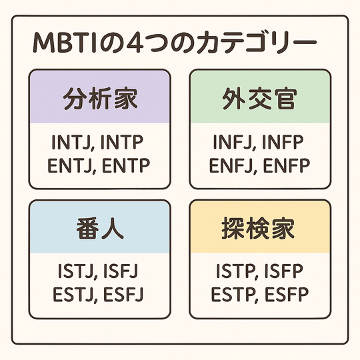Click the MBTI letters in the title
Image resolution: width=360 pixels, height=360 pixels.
(65, 43)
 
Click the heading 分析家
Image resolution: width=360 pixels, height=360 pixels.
(100, 99)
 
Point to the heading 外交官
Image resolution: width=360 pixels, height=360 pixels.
(260, 99)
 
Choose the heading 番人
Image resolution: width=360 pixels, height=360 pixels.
(100, 229)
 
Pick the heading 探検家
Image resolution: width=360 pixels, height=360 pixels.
(258, 229)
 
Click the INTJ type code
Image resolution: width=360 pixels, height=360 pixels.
(72, 143)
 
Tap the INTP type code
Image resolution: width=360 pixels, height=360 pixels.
(122, 143)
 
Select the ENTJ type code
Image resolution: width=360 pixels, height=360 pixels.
(70, 165)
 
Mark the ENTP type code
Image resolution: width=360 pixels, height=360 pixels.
(126, 165)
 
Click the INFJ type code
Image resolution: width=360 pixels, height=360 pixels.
(233, 143)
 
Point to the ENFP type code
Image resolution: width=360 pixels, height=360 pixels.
(287, 165)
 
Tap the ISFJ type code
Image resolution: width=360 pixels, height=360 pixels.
(121, 271)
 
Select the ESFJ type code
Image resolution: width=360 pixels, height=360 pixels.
(123, 294)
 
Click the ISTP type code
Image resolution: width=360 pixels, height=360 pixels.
(235, 271)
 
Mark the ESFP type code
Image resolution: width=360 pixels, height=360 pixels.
(287, 294)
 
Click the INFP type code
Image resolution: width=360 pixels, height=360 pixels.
(283, 143)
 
